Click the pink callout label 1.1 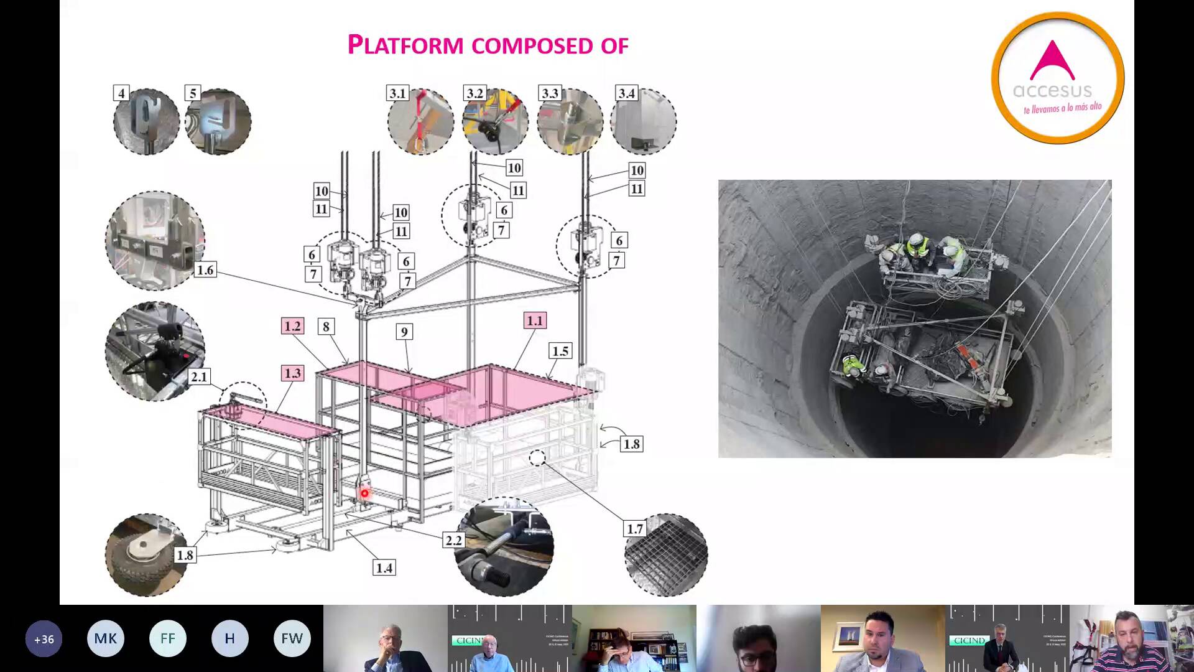coord(535,320)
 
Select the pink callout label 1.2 coord(292,326)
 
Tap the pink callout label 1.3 coord(292,373)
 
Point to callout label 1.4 coord(384,567)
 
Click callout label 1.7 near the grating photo coord(634,529)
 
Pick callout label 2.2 coord(453,540)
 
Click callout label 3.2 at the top coord(474,93)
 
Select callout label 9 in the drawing coord(404,332)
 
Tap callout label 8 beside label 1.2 coord(326,326)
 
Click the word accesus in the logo coord(1052,91)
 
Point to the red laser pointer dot coord(365,493)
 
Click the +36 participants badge coord(44,638)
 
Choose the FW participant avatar coord(292,638)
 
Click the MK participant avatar coord(105,638)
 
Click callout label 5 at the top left coord(193,93)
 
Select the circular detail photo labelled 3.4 coord(644,123)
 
